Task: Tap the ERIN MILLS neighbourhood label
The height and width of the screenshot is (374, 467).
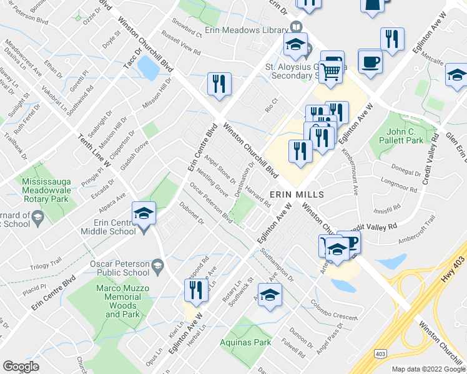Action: click(297, 194)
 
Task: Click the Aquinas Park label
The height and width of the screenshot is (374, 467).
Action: click(245, 342)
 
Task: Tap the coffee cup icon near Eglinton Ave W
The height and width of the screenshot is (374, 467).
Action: click(370, 62)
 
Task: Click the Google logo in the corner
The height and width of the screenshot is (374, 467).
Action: click(21, 367)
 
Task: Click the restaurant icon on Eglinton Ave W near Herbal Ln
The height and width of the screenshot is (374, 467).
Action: click(196, 290)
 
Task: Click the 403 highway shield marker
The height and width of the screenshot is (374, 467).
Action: click(380, 353)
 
